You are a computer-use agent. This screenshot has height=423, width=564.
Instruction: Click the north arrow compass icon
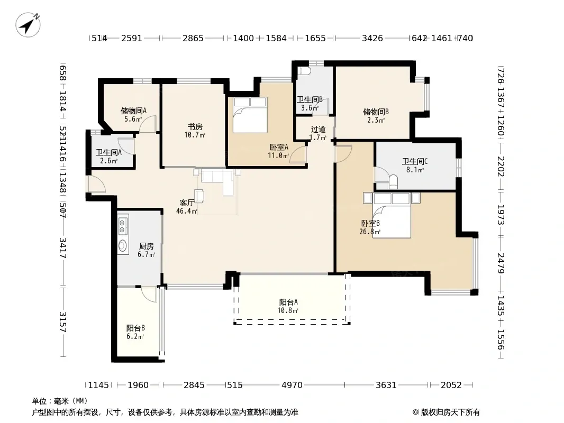pos(28,24)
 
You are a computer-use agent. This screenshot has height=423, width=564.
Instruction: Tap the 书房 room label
pos(195,127)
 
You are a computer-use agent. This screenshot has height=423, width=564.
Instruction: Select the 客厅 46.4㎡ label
pos(187,207)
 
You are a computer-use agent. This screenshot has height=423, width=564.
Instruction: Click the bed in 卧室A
pos(250,115)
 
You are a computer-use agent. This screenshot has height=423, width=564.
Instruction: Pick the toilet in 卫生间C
pos(393,182)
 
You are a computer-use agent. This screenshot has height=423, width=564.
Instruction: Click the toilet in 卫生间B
pos(305,70)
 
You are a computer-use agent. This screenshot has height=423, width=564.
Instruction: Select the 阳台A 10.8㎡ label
pos(288,306)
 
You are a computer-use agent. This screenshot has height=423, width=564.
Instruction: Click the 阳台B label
pos(135,328)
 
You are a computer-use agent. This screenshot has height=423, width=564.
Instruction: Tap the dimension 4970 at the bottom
pos(292,385)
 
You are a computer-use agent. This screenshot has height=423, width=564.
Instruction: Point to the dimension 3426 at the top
pos(372,38)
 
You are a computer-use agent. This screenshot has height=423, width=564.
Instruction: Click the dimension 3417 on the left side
pos(63,248)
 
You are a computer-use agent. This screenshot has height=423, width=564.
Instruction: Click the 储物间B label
pos(376,112)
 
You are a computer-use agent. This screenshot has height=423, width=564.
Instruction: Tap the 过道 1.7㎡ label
pos(319,133)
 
